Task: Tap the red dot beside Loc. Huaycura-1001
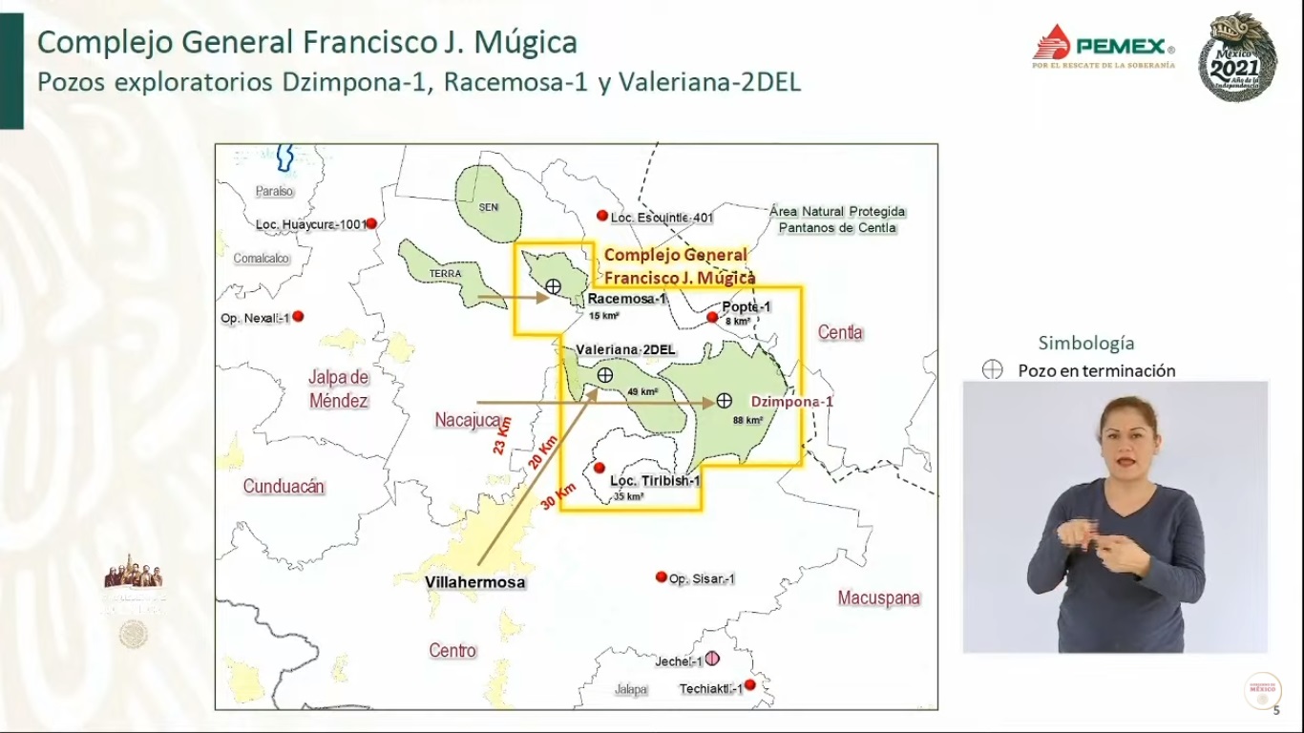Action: [371, 223]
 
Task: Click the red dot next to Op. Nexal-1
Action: [298, 316]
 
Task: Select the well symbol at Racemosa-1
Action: [553, 285]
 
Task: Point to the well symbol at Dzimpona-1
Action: [725, 400]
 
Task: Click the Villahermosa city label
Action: [474, 582]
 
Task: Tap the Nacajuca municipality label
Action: [469, 420]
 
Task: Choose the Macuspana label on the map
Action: [879, 598]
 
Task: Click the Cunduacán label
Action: [284, 487]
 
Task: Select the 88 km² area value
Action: [747, 420]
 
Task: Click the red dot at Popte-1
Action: [712, 317]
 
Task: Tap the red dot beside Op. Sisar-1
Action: [661, 576]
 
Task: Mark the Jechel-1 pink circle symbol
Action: [712, 660]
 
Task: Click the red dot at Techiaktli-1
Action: [749, 685]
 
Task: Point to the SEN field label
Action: [489, 207]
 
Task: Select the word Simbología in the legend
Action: [1086, 344]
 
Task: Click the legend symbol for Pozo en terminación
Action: [993, 370]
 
